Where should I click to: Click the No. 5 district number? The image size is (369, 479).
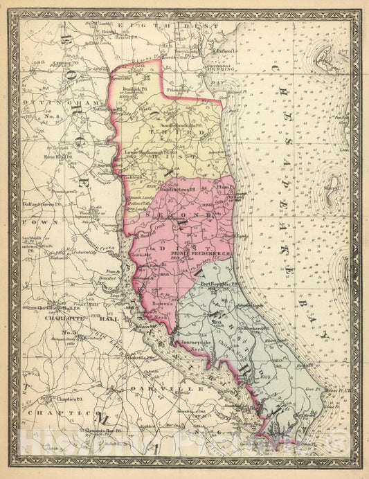pos(69,333)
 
